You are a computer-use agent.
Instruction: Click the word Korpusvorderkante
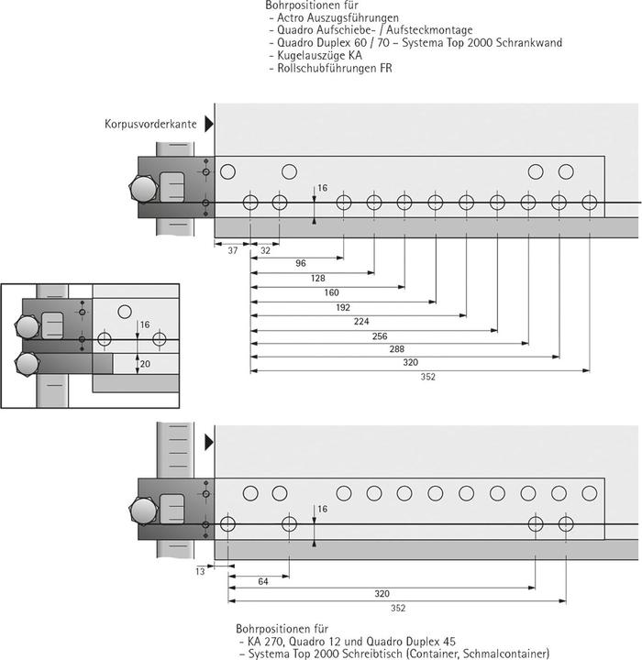(149, 123)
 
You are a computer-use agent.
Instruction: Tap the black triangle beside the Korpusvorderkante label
(209, 123)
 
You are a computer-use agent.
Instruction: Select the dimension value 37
(231, 249)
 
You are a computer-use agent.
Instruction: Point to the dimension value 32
(264, 249)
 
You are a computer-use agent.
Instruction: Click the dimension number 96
(300, 264)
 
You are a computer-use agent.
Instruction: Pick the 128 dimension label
(318, 278)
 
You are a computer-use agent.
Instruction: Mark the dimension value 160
(331, 293)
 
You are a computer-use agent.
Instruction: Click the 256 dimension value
(377, 337)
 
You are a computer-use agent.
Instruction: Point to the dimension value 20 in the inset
(143, 363)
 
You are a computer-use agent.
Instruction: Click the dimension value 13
(200, 571)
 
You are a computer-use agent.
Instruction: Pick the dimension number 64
(262, 582)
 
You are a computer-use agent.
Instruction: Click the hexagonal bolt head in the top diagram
(144, 191)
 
